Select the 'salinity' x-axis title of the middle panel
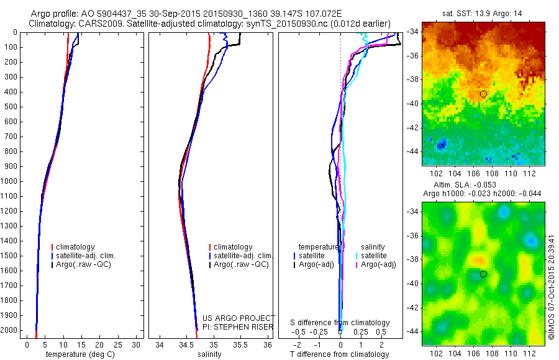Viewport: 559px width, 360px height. [209, 354]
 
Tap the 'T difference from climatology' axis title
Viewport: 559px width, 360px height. [339, 354]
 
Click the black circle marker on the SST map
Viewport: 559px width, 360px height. [483, 94]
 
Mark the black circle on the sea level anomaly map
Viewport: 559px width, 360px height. [483, 274]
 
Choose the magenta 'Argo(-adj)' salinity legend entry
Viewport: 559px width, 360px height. [378, 264]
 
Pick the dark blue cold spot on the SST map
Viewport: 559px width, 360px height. [441, 145]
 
